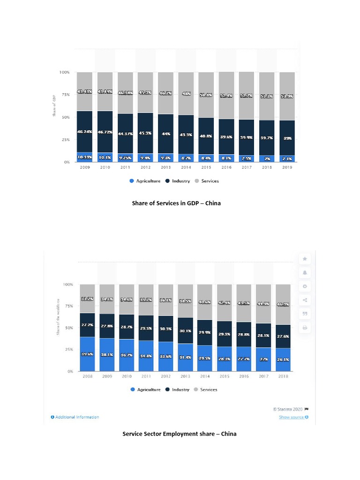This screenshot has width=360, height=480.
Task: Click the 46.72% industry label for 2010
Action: pyautogui.click(x=105, y=133)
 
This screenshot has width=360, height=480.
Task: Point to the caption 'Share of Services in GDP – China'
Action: pyautogui.click(x=180, y=203)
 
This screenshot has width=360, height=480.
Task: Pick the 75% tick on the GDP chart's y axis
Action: pyautogui.click(x=64, y=95)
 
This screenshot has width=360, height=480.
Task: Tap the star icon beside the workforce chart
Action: pyautogui.click(x=305, y=259)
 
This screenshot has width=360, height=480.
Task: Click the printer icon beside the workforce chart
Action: pyautogui.click(x=305, y=328)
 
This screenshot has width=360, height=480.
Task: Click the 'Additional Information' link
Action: pyautogui.click(x=75, y=417)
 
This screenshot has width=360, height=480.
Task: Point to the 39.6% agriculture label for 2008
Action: pyautogui.click(x=87, y=354)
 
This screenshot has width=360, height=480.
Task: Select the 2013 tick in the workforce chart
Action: pyautogui.click(x=186, y=376)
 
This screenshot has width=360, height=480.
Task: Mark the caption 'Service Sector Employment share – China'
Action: pyautogui.click(x=180, y=434)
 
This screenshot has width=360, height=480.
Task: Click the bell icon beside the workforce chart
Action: pyautogui.click(x=305, y=272)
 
